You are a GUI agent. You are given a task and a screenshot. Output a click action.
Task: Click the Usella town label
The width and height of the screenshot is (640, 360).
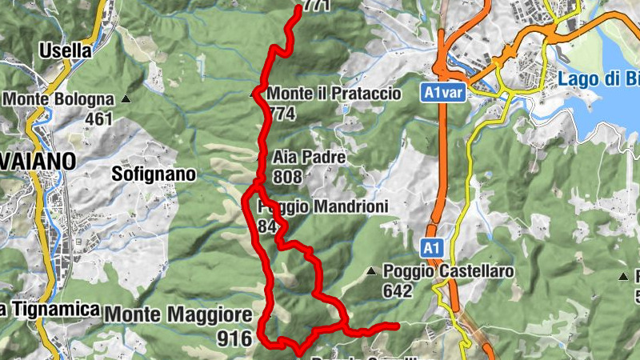tap(66, 50)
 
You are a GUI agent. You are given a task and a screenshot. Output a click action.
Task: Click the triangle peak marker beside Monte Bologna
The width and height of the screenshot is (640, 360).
tap(126, 99)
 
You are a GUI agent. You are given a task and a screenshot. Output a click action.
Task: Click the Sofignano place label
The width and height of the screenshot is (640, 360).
tap(154, 173)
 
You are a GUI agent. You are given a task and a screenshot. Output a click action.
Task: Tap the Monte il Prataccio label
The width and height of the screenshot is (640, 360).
tap(334, 94)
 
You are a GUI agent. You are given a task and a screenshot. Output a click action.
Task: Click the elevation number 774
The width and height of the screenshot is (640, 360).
tap(282, 114)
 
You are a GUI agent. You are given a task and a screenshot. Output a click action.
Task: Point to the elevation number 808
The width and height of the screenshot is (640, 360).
tap(286, 176)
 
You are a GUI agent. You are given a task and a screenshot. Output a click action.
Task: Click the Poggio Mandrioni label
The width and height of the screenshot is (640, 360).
tap(323, 207)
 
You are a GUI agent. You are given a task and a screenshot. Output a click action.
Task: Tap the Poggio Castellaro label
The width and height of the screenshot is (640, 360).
tap(449, 272)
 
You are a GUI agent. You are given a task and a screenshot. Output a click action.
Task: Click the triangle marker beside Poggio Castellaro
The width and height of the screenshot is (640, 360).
tap(371, 272)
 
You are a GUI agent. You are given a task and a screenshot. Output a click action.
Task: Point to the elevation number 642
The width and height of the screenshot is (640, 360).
tap(398, 291)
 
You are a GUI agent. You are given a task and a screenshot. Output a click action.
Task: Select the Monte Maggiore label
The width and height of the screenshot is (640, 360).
tap(172, 314)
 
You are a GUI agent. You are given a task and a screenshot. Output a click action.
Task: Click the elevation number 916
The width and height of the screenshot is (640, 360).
tap(234, 338)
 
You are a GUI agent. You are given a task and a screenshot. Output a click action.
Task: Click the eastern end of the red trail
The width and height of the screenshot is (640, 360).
tap(396, 325)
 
